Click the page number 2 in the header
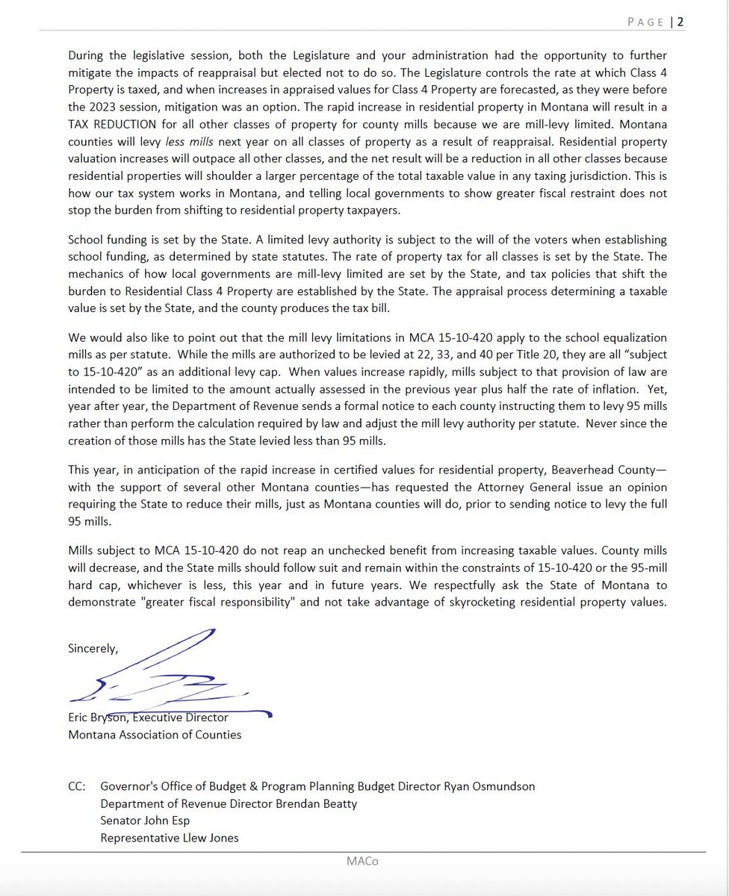(x=680, y=22)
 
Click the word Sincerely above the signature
(x=93, y=648)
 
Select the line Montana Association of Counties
(x=155, y=735)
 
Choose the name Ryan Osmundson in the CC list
(x=489, y=786)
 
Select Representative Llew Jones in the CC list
(x=170, y=838)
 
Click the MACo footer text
(x=364, y=862)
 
